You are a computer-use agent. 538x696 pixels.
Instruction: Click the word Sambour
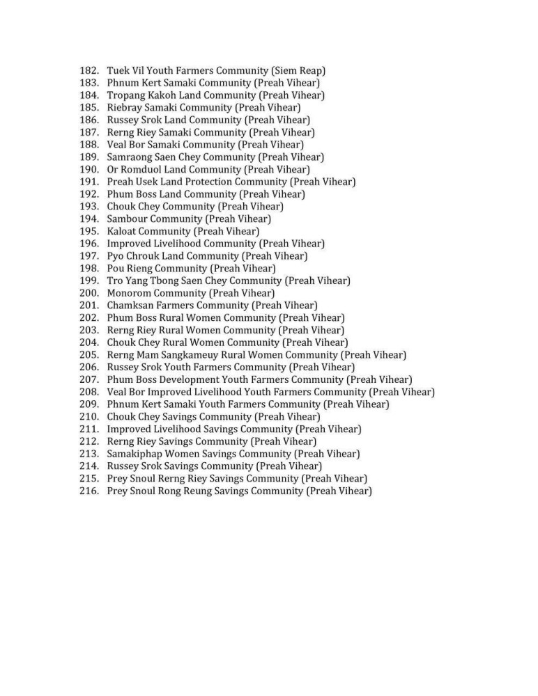(128, 219)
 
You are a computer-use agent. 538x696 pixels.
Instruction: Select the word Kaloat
(123, 231)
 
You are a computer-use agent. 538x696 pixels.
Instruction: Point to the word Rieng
(139, 268)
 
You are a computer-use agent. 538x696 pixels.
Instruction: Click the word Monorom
(129, 293)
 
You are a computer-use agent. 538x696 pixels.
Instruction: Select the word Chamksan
(131, 306)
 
